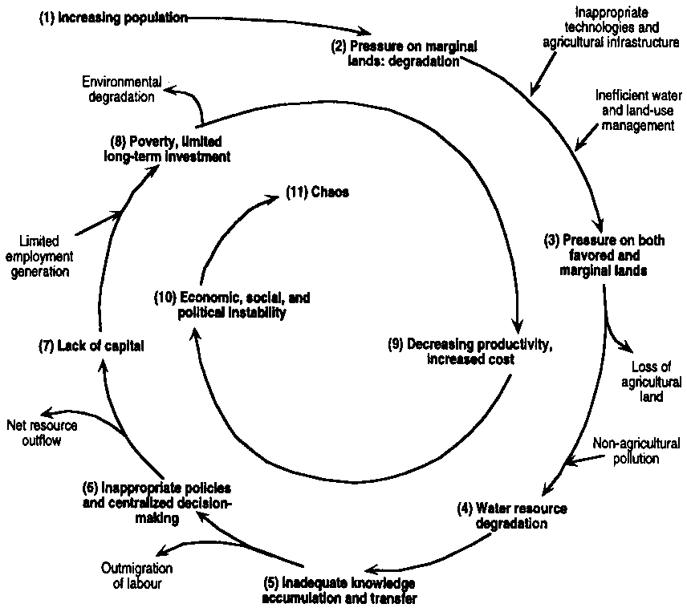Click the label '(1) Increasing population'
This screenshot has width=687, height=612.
click(x=112, y=18)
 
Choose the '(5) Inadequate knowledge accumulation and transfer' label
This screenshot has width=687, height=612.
click(x=340, y=590)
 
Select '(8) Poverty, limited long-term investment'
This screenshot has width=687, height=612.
click(x=167, y=148)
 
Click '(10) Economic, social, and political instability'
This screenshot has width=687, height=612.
click(x=231, y=305)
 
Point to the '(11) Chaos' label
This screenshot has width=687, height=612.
click(x=317, y=193)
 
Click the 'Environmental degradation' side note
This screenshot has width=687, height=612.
click(x=123, y=89)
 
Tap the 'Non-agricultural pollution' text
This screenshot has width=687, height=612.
click(x=636, y=451)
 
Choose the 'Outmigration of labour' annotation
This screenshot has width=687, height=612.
click(x=136, y=576)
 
